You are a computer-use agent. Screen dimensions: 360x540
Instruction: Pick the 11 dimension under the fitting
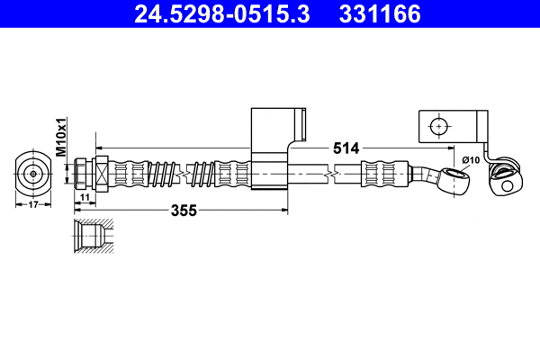[83, 196]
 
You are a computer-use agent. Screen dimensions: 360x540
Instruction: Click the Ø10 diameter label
[470, 160]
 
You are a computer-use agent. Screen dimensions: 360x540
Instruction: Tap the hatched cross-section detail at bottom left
[91, 233]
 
